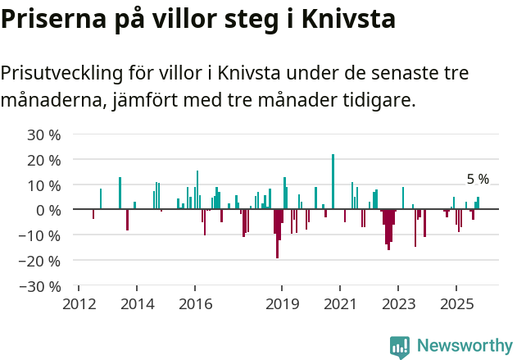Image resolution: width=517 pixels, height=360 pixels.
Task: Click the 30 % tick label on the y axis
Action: (44, 134)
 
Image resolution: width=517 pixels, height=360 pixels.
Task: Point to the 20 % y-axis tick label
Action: (44, 159)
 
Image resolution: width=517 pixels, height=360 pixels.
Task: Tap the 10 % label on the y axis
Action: (44, 185)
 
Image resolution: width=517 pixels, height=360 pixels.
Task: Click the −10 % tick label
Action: (41, 235)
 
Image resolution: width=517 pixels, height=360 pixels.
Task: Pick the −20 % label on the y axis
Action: (41, 261)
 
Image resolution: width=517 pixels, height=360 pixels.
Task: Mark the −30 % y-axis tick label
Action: (41, 286)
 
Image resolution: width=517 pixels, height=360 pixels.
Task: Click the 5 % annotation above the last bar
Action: (478, 180)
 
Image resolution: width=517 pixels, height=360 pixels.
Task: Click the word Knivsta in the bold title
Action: (341, 19)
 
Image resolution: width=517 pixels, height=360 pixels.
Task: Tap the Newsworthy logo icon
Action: (400, 346)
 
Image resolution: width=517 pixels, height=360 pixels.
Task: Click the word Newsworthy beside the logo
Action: (464, 346)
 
